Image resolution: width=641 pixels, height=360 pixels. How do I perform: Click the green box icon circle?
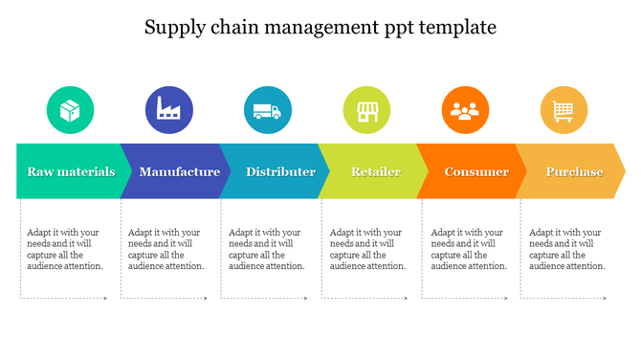point(71,110)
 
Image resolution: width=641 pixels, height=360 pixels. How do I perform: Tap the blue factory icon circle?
point(169,110)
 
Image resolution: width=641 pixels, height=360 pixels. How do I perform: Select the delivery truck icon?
point(268,110)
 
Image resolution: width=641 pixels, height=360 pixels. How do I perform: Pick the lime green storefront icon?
point(367,110)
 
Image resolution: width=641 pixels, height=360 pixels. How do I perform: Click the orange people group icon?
point(465,110)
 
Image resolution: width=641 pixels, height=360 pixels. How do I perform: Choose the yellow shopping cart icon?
point(564,110)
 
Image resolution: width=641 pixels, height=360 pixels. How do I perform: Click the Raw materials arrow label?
point(71,172)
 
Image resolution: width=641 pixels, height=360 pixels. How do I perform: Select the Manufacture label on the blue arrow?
point(179,172)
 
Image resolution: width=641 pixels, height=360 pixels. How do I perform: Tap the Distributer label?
point(280,172)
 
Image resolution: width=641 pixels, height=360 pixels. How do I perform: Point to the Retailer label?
point(376,172)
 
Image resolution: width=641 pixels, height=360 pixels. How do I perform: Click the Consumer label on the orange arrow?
point(476,172)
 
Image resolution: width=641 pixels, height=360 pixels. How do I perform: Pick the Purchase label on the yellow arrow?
point(574,172)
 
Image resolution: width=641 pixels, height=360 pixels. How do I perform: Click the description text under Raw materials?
point(64,249)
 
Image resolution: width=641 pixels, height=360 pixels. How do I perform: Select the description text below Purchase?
point(566,249)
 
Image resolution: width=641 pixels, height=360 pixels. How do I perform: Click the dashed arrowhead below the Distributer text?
point(308,299)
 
